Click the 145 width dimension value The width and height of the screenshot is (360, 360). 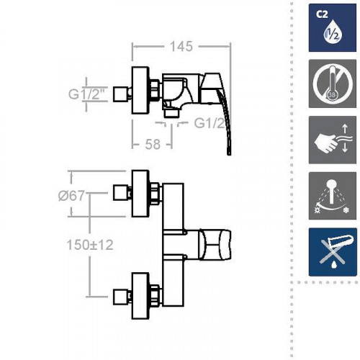click(181, 46)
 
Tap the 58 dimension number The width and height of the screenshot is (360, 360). click(153, 144)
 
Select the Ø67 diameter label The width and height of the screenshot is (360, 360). click(71, 196)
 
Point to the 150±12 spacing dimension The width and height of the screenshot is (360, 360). click(90, 245)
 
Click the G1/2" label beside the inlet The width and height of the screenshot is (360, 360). click(88, 94)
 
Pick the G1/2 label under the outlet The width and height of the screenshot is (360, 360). click(210, 124)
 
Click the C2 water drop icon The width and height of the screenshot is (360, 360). click(333, 27)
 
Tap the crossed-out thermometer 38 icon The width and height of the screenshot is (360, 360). click(333, 84)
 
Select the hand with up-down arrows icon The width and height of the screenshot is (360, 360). click(333, 140)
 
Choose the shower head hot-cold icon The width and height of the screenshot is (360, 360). click(333, 196)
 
